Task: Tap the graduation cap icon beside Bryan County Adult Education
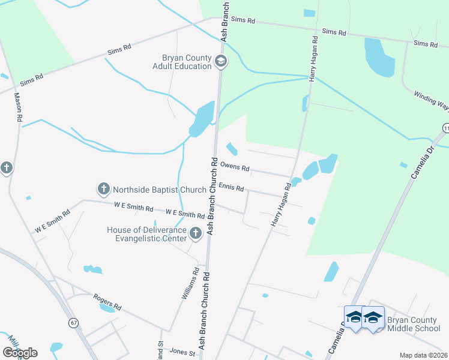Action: coord(221,61)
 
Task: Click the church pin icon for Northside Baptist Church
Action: coord(103,190)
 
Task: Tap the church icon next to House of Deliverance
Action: coord(195,233)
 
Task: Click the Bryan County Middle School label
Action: coord(414,324)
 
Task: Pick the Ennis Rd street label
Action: coord(231,188)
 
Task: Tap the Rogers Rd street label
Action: coord(107,302)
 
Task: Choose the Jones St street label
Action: coord(183,353)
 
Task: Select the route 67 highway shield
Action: coord(74,323)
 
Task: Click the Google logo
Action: coord(20,353)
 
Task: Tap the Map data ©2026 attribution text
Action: coord(423,355)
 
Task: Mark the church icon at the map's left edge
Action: coord(7,168)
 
